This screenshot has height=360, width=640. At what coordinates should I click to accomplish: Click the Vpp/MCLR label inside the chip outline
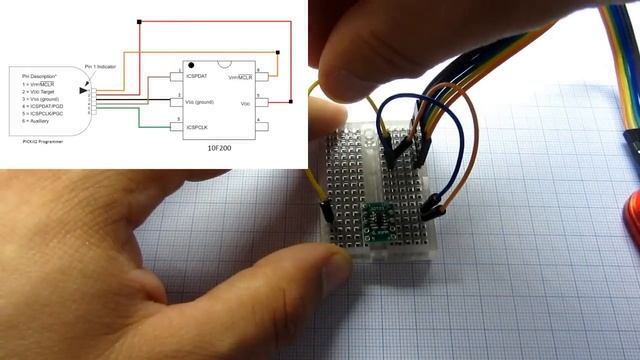click(239, 76)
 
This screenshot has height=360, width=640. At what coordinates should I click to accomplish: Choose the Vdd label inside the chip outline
click(245, 102)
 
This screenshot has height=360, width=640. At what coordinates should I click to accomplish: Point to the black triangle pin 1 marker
click(83, 91)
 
